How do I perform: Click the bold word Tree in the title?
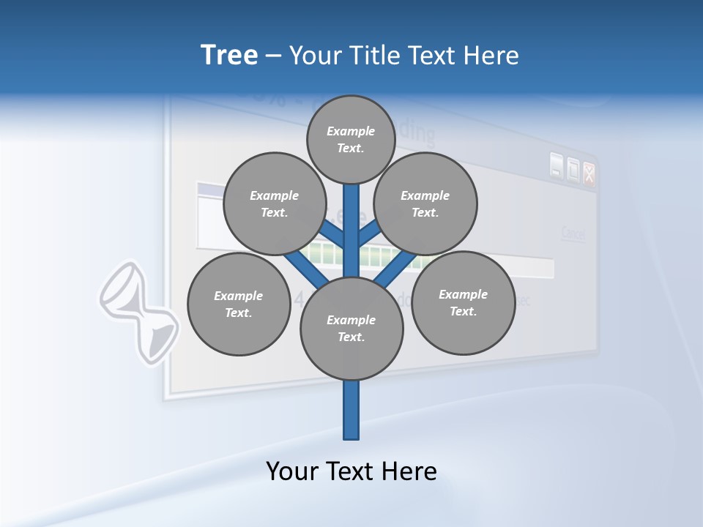coord(229,55)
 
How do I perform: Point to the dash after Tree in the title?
coord(273,56)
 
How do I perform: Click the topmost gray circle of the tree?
coord(351,139)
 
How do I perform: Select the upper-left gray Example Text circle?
coord(274,203)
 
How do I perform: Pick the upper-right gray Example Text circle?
coord(425,203)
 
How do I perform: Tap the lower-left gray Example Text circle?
coord(238,304)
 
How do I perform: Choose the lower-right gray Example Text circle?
coord(463,302)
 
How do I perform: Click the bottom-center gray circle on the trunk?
coord(351,329)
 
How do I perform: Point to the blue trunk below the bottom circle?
coord(351,410)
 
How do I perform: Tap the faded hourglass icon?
coord(139,312)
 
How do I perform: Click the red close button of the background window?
coord(589,173)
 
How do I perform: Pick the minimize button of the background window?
coord(557,168)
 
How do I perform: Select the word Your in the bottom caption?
coord(292,471)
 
